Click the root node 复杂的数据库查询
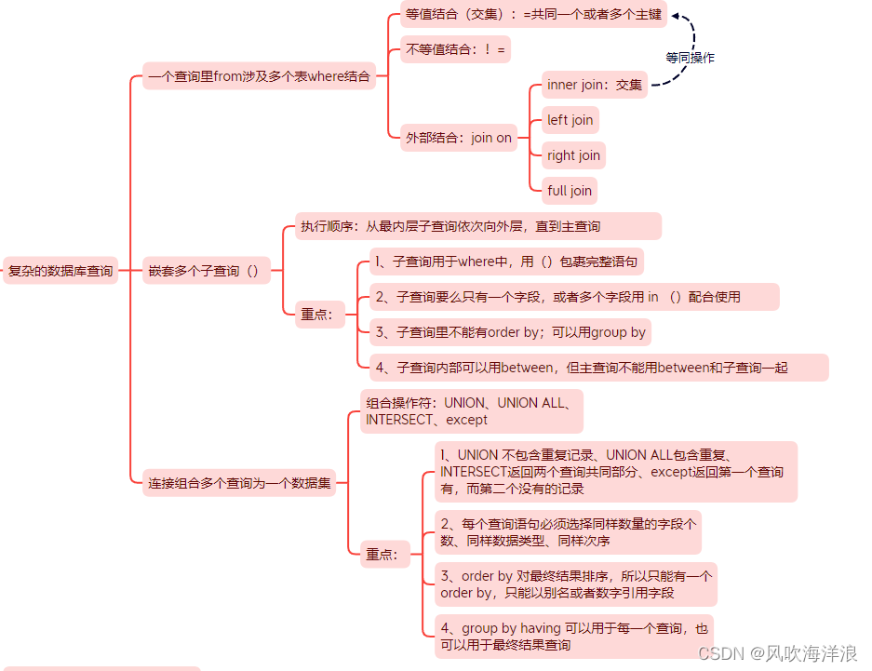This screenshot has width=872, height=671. [x=60, y=271]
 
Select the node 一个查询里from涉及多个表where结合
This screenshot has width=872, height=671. [x=259, y=76]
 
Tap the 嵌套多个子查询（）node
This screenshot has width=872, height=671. [x=206, y=271]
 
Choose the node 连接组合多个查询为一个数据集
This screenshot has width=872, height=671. [x=239, y=483]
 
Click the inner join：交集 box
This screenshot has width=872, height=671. [x=595, y=85]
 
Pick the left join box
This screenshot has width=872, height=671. [x=570, y=120]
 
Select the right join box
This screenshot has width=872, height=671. [x=573, y=155]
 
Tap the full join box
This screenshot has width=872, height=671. [x=570, y=191]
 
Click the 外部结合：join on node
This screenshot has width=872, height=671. [x=458, y=138]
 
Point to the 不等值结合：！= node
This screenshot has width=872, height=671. [x=456, y=49]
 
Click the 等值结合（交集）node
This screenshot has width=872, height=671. [x=533, y=14]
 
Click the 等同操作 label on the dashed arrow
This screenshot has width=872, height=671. [x=690, y=58]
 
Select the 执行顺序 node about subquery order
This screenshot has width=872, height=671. [x=477, y=226]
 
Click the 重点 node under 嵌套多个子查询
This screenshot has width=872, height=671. [x=316, y=315]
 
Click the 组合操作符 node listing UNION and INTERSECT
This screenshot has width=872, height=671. [x=472, y=411]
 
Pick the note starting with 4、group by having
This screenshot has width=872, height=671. [x=573, y=637]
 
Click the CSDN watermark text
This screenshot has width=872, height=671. [x=776, y=654]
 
